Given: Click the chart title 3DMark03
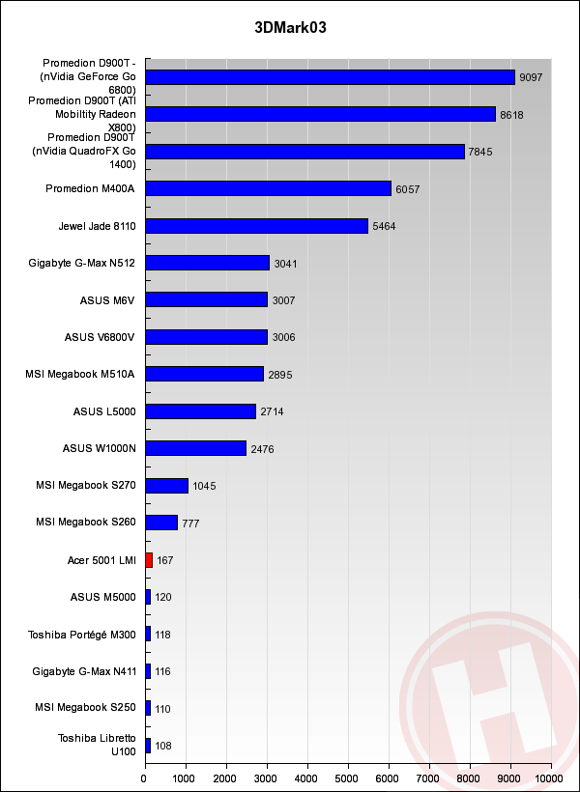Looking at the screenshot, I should (290, 28).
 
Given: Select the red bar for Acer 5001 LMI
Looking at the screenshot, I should (149, 560).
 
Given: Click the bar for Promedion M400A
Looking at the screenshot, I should (268, 188).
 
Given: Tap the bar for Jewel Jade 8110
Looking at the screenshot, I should (256, 226).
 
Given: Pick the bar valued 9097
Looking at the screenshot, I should (330, 77).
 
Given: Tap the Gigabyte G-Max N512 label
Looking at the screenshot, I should (82, 263).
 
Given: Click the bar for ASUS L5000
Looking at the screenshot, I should (200, 411).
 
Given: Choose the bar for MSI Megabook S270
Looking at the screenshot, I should (166, 486).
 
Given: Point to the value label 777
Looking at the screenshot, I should (190, 523).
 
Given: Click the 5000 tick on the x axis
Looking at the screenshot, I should (347, 776).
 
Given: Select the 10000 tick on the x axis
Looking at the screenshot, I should (549, 776).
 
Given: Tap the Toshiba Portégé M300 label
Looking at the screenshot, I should (82, 635).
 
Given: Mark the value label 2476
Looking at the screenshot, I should (263, 449).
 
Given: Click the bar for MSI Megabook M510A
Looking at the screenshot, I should (204, 375).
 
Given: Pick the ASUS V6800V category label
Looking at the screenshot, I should (99, 337).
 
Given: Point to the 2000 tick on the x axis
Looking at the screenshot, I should (226, 776).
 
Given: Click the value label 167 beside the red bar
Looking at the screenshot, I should (164, 560).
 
